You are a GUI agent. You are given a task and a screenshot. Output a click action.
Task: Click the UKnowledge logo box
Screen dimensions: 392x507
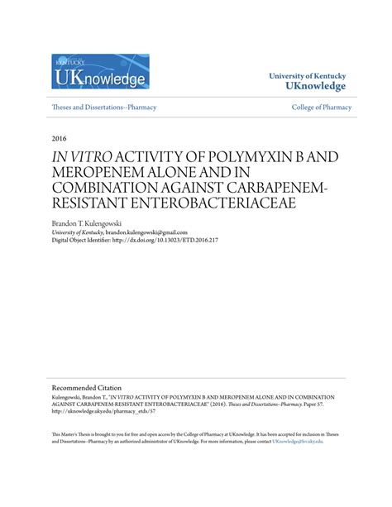click(x=100, y=72)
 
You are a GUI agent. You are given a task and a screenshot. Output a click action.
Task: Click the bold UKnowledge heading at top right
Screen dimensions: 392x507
click(x=315, y=87)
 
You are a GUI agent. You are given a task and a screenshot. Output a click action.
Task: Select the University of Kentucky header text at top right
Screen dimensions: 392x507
click(x=307, y=75)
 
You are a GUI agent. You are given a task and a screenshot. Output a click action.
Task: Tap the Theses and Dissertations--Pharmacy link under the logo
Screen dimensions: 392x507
click(x=104, y=108)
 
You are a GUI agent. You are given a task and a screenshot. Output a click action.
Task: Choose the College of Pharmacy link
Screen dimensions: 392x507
click(x=322, y=108)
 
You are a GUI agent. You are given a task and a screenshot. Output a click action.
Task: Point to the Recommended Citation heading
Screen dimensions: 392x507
click(x=87, y=387)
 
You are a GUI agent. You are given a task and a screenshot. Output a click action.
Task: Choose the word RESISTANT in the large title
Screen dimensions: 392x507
click(x=91, y=204)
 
